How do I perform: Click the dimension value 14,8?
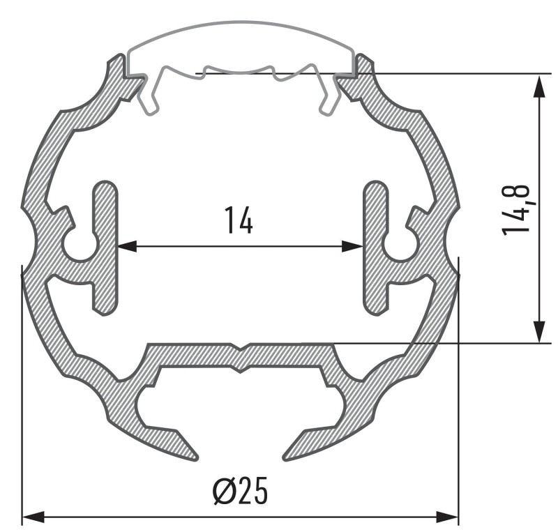(x=518, y=209)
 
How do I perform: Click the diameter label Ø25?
(x=240, y=493)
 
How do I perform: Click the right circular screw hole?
(x=400, y=245)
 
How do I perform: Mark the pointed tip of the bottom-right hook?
(x=285, y=457)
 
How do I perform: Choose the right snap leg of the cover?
(x=331, y=98)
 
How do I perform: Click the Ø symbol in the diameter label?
(x=223, y=493)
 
